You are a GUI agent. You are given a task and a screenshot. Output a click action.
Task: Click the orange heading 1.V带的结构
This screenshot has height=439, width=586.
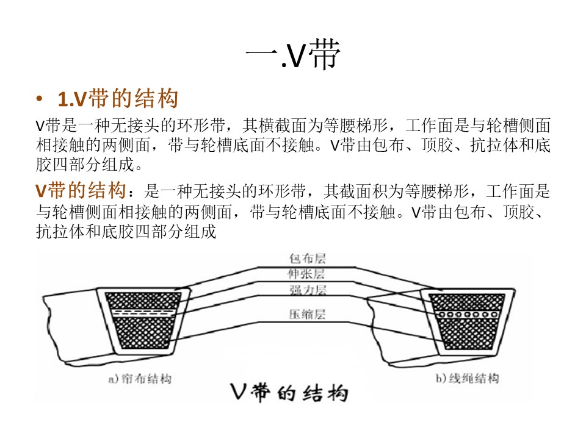(x=118, y=99)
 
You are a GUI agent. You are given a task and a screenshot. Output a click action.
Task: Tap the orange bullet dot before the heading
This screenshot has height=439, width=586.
(x=40, y=99)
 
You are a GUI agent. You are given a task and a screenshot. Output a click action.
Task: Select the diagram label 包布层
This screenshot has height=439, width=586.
(x=307, y=259)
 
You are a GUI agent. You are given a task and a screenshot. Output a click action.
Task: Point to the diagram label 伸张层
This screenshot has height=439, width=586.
(x=306, y=274)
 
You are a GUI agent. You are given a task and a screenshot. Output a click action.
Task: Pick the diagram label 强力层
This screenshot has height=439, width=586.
(x=308, y=290)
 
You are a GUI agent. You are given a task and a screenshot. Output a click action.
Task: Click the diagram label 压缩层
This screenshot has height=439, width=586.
(x=307, y=315)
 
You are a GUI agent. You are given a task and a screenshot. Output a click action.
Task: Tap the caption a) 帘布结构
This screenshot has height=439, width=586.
(x=140, y=379)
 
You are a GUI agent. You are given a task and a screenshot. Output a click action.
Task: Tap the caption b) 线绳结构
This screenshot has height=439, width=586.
(x=467, y=378)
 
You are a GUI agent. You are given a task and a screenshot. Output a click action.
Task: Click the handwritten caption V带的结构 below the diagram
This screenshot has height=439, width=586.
(x=289, y=393)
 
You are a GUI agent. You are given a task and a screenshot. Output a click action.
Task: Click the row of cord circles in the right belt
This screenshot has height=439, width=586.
(x=468, y=315)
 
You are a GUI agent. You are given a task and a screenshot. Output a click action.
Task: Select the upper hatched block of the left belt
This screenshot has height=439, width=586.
(x=143, y=301)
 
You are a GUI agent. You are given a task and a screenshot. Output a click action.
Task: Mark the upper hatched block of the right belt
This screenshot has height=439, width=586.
(x=467, y=302)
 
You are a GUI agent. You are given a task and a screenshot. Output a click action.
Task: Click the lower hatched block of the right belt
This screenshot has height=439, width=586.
(x=468, y=334)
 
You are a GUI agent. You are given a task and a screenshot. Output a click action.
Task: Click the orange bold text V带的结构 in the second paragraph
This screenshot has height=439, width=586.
(x=81, y=190)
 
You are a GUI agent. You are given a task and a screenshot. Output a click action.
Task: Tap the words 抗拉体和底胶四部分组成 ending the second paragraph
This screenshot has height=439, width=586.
(x=126, y=232)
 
